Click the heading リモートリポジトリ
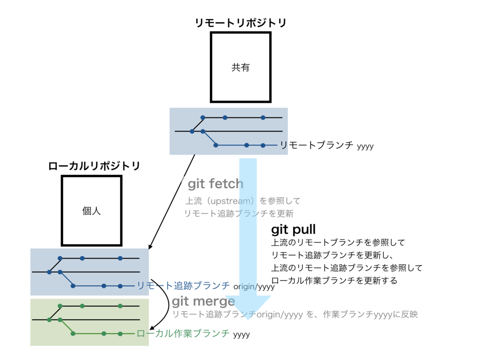pos(240,23)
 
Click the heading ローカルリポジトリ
pos(94,166)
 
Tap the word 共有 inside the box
pos(240,68)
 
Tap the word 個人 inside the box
pos(92,211)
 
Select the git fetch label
pos(216,184)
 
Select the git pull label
pos(294,230)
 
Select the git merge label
pos(203,301)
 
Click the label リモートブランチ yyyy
pos(327,146)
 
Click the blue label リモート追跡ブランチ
pos(183,285)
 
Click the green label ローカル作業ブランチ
pos(183,333)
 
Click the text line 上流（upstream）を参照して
pos(242,201)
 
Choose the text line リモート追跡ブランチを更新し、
pos(335,255)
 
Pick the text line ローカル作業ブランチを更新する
pos(334,281)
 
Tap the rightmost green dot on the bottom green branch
pos(120,333)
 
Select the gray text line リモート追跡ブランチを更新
pos(239,214)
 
